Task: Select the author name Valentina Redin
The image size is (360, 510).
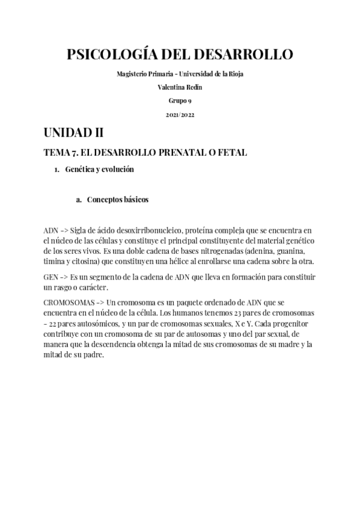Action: pyautogui.click(x=180, y=87)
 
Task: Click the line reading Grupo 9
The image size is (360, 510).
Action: pyautogui.click(x=180, y=100)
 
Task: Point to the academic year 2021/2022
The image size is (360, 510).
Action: pyautogui.click(x=180, y=114)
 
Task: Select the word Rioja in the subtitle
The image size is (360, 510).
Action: pyautogui.click(x=236, y=73)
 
